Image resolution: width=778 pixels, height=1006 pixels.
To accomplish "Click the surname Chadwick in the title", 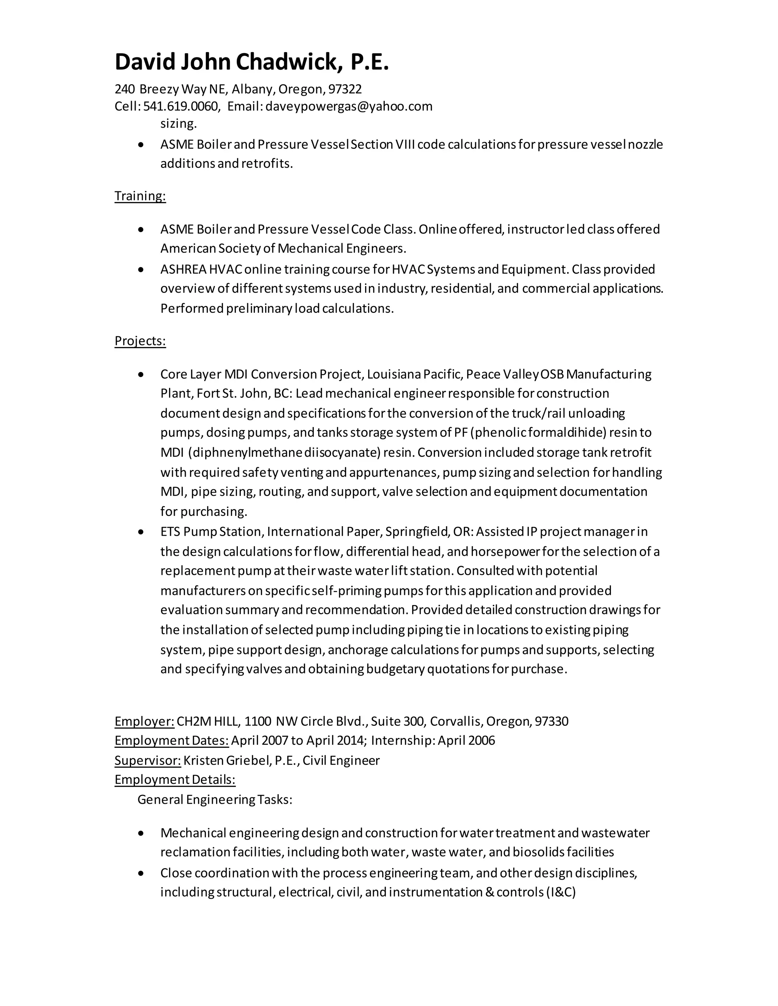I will click(289, 62).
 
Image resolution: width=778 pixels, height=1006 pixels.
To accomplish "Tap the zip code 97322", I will click(345, 89).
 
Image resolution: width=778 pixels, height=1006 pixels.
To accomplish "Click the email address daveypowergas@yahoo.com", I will click(349, 106).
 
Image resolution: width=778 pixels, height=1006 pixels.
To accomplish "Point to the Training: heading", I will click(140, 196).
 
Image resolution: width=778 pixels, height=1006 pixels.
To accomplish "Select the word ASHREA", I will click(183, 269).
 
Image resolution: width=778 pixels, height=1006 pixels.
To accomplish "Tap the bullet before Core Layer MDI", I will click(141, 374).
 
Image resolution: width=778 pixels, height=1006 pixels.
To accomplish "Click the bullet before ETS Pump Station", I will click(141, 532).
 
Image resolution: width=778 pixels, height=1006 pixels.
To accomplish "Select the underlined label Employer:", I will click(144, 721).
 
